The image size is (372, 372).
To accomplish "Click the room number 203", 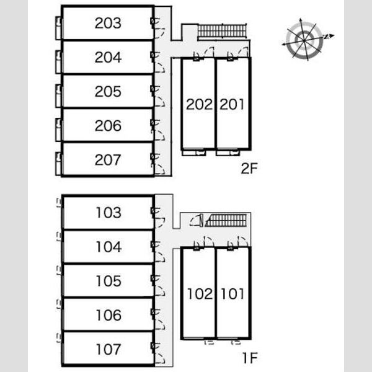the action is pyautogui.click(x=108, y=23).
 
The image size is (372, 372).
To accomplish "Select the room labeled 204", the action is pyautogui.click(x=108, y=57).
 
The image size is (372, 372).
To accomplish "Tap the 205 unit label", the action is pyautogui.click(x=108, y=91).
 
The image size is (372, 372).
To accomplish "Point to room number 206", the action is pyautogui.click(x=108, y=125).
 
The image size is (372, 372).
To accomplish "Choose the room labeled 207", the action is pyautogui.click(x=108, y=160).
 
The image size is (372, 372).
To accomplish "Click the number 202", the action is pyautogui.click(x=199, y=104).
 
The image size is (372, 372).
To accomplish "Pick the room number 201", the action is pyautogui.click(x=232, y=104).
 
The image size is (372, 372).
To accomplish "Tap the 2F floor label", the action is pyautogui.click(x=249, y=168).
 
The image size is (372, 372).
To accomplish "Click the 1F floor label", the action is pyautogui.click(x=250, y=358).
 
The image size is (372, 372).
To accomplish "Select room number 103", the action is pyautogui.click(x=108, y=212).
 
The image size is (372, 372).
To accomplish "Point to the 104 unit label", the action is pyautogui.click(x=108, y=247).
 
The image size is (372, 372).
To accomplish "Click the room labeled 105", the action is pyautogui.click(x=108, y=281).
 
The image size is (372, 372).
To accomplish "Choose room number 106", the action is pyautogui.click(x=108, y=315).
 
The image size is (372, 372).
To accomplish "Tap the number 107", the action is pyautogui.click(x=108, y=349).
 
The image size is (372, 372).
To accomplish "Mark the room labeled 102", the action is pyautogui.click(x=200, y=294).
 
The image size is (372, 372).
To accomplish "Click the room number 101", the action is pyautogui.click(x=232, y=294).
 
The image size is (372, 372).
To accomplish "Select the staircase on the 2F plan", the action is pyautogui.click(x=222, y=31).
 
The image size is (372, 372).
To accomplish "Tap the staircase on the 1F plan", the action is pyautogui.click(x=226, y=220).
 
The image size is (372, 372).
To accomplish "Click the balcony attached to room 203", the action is pyautogui.click(x=59, y=28).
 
